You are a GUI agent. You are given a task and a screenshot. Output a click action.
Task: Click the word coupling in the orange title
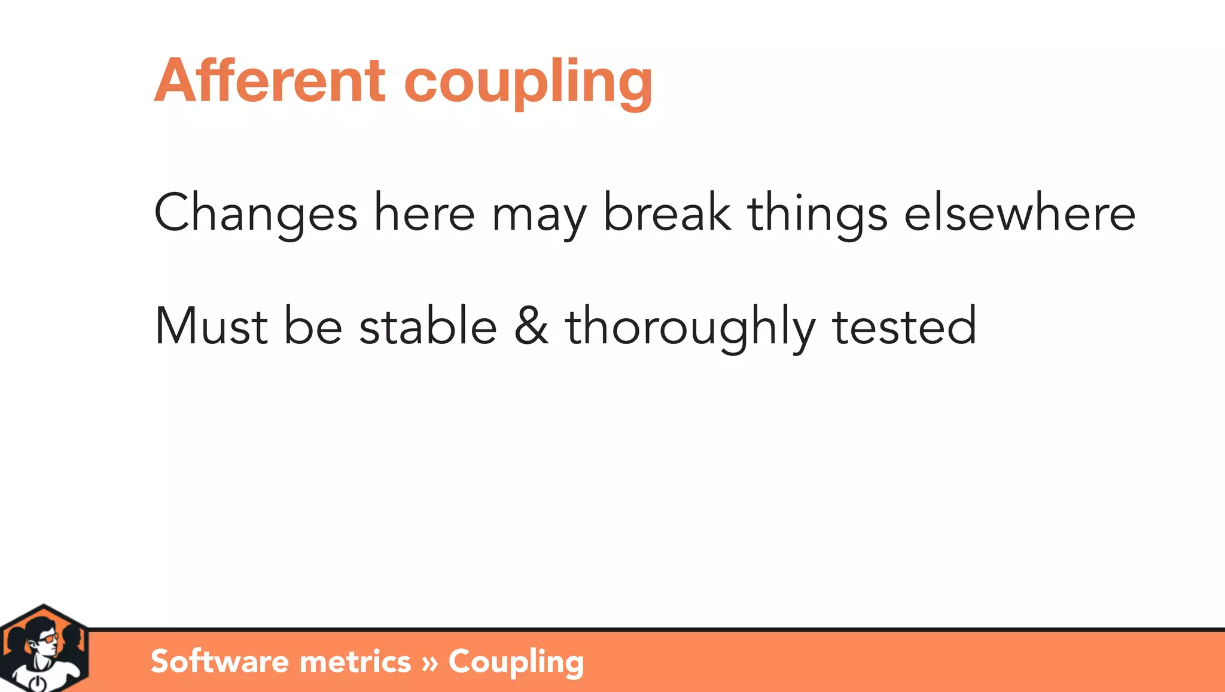(528, 83)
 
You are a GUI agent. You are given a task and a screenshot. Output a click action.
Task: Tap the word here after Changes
(424, 213)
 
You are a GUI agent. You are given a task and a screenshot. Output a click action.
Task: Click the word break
(666, 213)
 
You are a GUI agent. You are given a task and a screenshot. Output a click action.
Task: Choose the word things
(817, 214)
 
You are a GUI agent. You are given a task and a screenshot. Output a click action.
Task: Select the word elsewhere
(1019, 213)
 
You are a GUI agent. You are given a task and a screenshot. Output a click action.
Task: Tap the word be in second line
(313, 327)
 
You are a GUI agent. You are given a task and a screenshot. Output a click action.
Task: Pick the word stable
(428, 327)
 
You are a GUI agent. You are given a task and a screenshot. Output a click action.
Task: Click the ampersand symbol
(531, 327)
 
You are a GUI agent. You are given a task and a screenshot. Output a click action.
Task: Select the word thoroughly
(690, 328)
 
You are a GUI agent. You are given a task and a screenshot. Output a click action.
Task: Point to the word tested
(904, 327)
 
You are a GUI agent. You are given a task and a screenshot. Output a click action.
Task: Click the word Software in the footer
(220, 661)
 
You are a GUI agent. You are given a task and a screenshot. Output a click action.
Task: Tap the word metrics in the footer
(355, 661)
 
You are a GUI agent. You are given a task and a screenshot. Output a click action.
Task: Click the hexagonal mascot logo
(44, 649)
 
